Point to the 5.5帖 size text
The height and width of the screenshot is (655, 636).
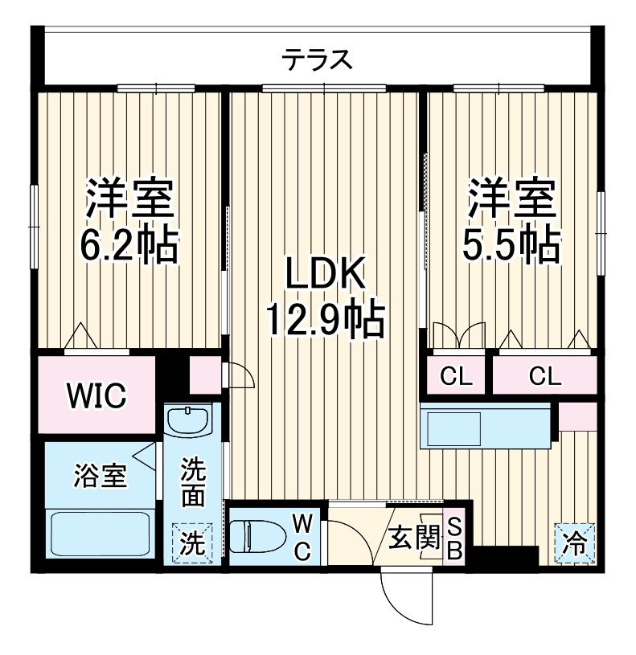pos(511,242)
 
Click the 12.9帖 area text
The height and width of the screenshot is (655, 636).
pos(326,319)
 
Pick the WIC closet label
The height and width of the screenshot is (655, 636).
pos(96,395)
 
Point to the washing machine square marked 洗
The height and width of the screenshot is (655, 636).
pos(191,543)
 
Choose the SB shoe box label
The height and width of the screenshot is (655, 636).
pos(454,537)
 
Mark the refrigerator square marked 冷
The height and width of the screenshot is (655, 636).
pos(574,543)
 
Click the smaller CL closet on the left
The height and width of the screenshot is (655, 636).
pos(455,375)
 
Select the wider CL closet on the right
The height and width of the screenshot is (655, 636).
pos(545,375)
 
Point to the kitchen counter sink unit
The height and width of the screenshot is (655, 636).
pos(486,427)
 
